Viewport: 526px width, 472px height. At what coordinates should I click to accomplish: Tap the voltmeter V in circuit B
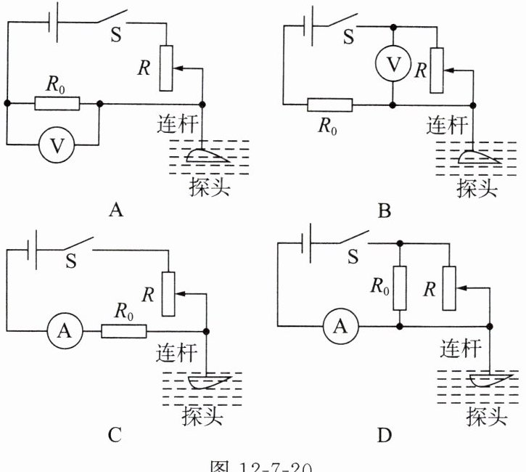(392, 64)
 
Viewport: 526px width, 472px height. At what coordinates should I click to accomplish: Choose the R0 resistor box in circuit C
(123, 331)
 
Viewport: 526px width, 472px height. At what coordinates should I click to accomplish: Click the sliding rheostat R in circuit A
(167, 68)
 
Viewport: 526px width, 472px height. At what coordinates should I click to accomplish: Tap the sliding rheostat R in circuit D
(449, 287)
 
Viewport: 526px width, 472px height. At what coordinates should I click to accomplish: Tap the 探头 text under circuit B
(477, 187)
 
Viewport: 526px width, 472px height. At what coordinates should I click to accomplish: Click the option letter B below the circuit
(385, 211)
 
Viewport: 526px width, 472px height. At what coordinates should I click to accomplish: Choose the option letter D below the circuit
(385, 435)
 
